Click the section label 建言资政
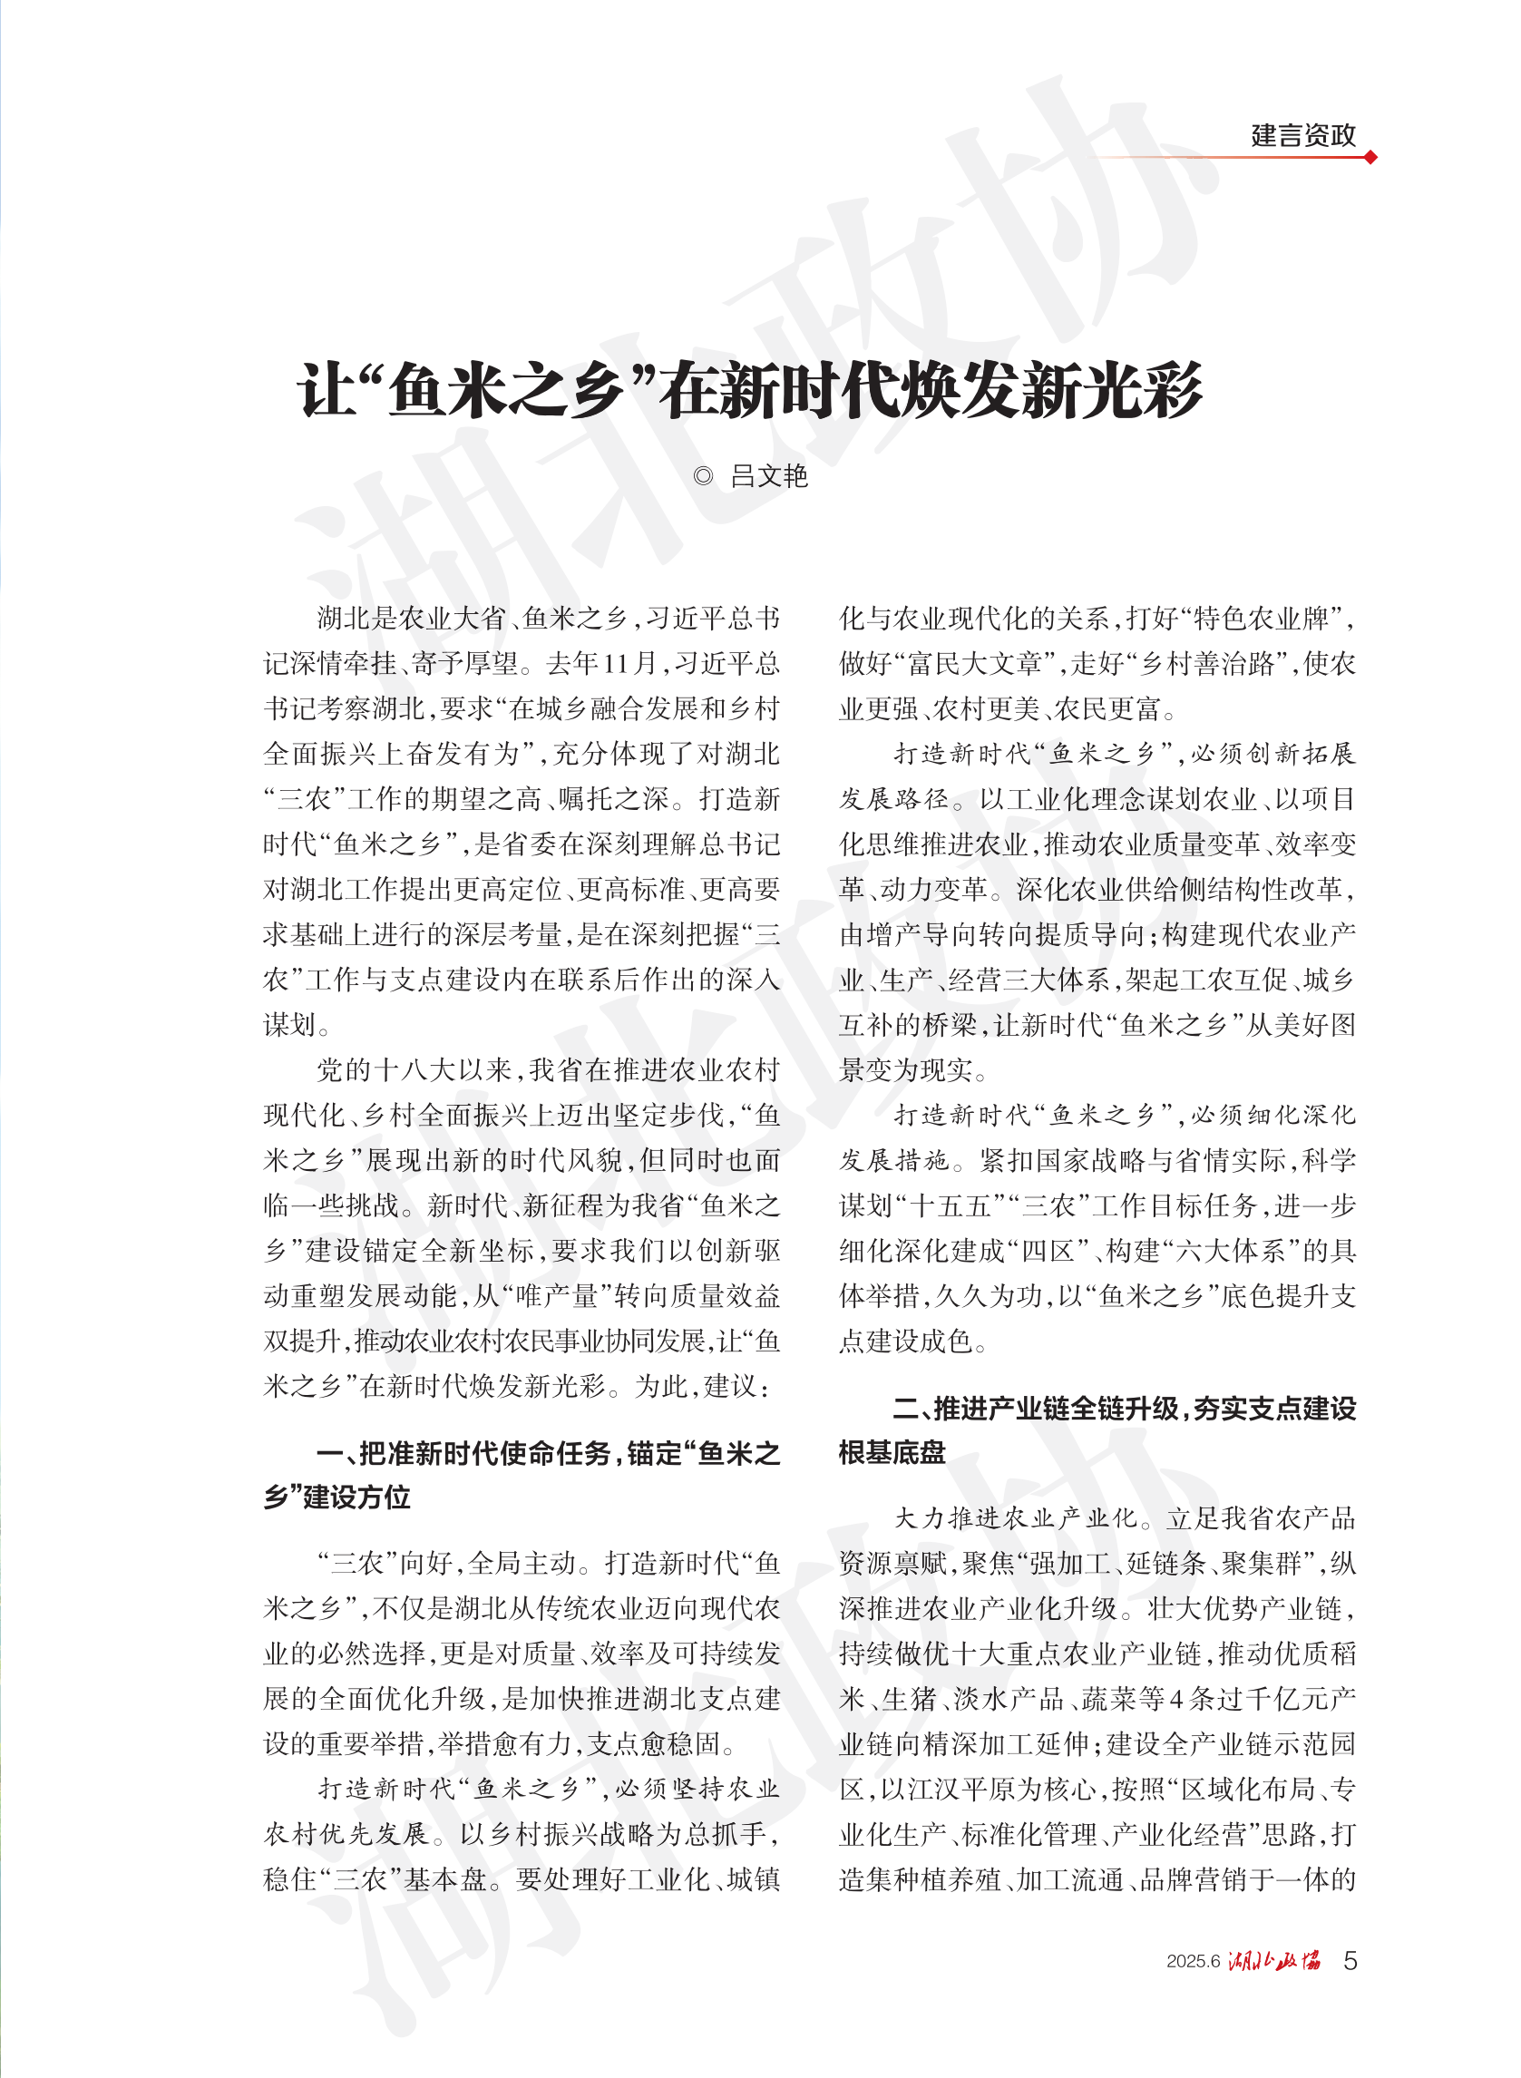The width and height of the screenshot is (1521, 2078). [x=1302, y=136]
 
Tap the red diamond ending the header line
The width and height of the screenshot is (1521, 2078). [x=1370, y=158]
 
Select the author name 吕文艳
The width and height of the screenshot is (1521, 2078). [x=769, y=476]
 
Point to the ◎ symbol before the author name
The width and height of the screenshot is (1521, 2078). [x=703, y=476]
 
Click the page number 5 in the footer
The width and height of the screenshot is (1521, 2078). [x=1350, y=1961]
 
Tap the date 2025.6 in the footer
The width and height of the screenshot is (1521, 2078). [x=1193, y=1962]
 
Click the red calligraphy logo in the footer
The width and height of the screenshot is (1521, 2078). [x=1274, y=1961]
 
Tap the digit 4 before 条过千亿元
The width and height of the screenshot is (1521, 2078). [x=1175, y=1700]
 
